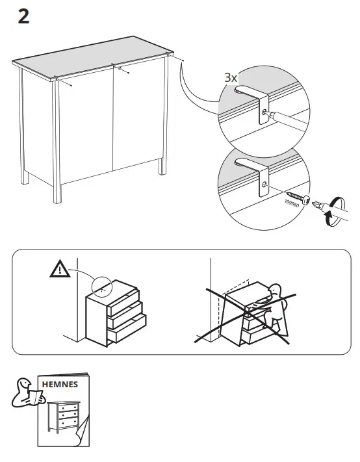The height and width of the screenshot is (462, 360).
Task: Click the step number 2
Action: point(23,17)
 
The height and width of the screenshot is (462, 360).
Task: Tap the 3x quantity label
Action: point(231,77)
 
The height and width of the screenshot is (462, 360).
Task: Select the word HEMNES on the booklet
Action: point(60,384)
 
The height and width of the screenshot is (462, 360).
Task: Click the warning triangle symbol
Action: point(59,268)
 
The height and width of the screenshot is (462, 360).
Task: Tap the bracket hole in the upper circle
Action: point(263,112)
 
